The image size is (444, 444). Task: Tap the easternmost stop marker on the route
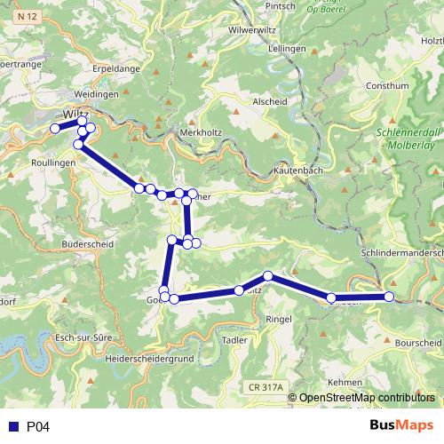(x=389, y=297)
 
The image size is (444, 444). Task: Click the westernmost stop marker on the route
(x=55, y=129)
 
